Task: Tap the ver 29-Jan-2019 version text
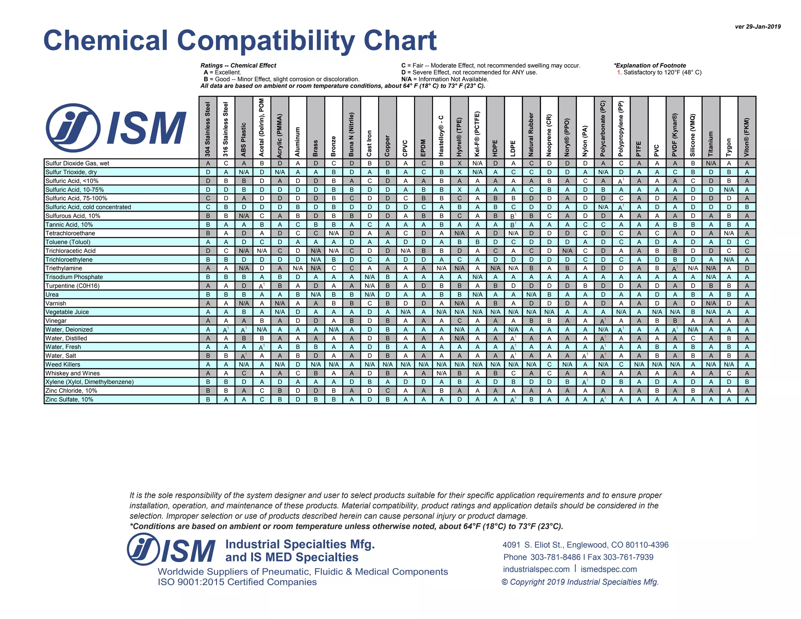pyautogui.click(x=758, y=27)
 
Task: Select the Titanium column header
pyautogui.click(x=711, y=144)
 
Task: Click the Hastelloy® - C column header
pyautogui.click(x=441, y=136)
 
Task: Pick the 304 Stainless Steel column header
pyautogui.click(x=208, y=129)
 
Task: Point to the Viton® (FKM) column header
pyautogui.click(x=747, y=137)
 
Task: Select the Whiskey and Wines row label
pyautogui.click(x=72, y=373)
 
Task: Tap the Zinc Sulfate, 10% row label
pyautogui.click(x=69, y=399)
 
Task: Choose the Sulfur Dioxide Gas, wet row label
pyautogui.click(x=77, y=163)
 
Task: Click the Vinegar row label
pyautogui.click(x=56, y=321)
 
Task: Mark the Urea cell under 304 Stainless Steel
pyautogui.click(x=208, y=295)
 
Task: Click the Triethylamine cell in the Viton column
pyautogui.click(x=747, y=268)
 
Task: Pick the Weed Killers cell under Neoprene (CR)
pyautogui.click(x=549, y=364)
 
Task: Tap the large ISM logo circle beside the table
pyautogui.click(x=73, y=128)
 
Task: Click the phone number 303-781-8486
pyautogui.click(x=555, y=557)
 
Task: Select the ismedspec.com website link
pyautogui.click(x=609, y=569)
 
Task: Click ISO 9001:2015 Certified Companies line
pyautogui.click(x=237, y=582)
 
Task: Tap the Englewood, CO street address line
pyautogui.click(x=585, y=545)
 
